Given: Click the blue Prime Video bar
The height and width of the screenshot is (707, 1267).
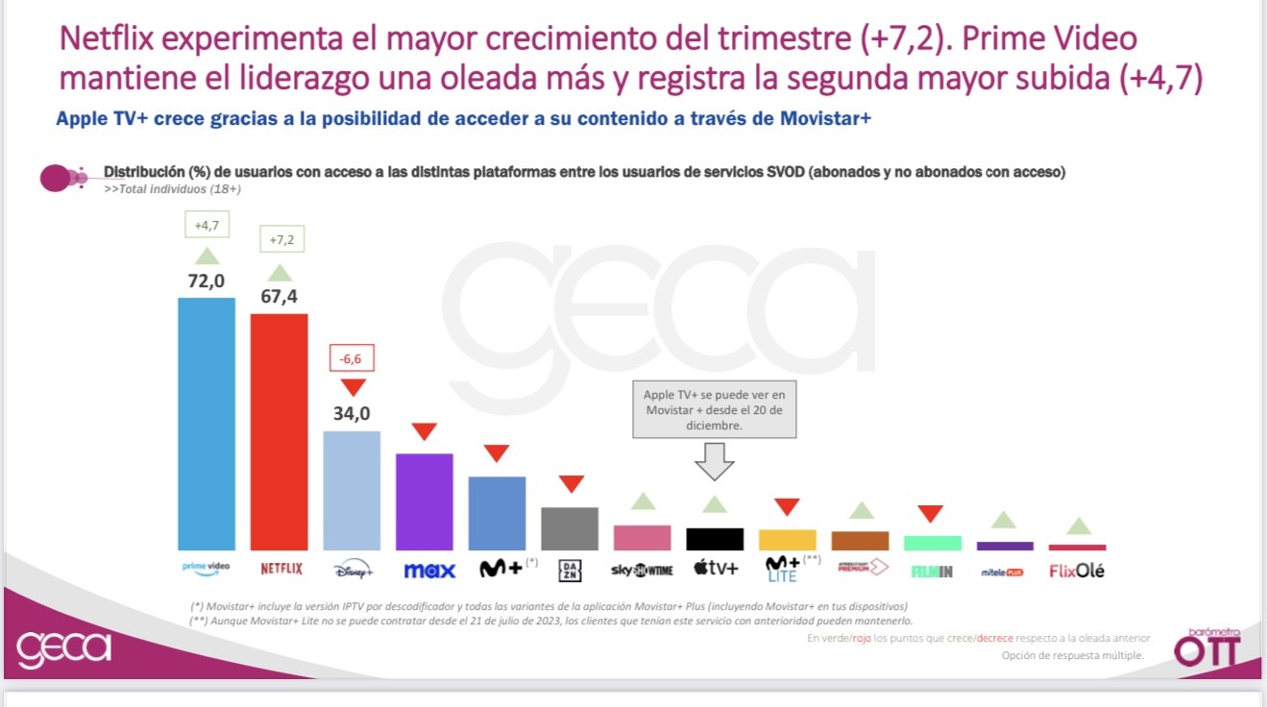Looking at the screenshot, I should (x=207, y=423).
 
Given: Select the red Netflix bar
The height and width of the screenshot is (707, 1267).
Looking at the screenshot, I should (x=280, y=431).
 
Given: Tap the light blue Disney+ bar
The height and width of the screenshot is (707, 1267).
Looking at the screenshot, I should (x=352, y=490).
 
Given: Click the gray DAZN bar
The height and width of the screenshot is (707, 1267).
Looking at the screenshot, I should (x=570, y=528).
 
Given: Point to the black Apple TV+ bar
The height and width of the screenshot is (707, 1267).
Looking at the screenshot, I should (x=715, y=539).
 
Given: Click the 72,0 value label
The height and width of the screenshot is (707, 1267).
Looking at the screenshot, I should (x=207, y=280).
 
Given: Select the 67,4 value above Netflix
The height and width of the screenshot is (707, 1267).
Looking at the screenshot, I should (x=279, y=297).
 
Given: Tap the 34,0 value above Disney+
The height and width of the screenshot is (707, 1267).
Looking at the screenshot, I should (x=352, y=414).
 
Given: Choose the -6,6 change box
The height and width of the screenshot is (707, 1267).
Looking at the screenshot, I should (x=352, y=358).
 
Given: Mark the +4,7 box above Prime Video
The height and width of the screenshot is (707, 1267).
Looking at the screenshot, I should (x=207, y=226).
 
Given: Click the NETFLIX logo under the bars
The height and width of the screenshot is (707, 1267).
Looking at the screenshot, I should (x=281, y=570).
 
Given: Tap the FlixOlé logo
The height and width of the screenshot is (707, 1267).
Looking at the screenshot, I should (x=1077, y=571).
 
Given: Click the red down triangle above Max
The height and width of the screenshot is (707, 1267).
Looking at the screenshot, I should (x=425, y=432).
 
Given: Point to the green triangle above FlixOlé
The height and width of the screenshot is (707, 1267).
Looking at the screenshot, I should (x=1078, y=525).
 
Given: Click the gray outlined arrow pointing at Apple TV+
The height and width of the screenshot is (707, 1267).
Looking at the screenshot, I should (x=715, y=461).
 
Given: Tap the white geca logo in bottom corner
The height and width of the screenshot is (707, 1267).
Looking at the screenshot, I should (x=64, y=648).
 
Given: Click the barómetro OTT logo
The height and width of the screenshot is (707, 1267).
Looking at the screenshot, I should (x=1207, y=648).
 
